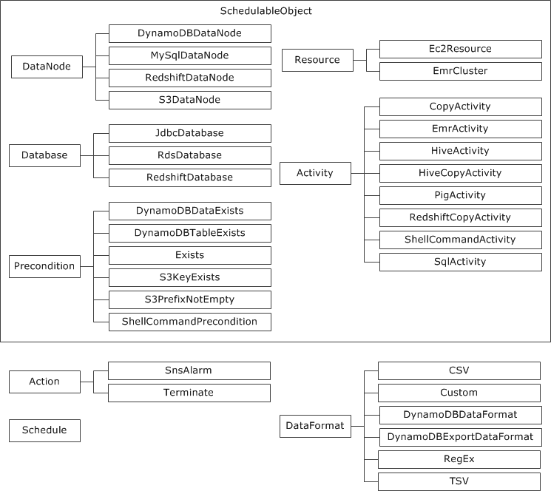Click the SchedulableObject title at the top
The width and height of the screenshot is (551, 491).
point(276,11)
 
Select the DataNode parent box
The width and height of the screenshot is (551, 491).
point(47,67)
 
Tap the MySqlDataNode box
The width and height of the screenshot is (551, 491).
point(189,55)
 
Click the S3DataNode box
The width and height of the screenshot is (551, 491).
point(189,100)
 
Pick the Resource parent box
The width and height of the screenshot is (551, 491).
point(317,60)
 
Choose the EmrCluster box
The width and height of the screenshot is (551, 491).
point(460,72)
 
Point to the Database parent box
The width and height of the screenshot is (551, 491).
point(44,155)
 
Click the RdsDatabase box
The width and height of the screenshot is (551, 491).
point(189,155)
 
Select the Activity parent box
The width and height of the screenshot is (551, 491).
point(315,173)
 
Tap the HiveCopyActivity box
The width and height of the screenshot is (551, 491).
point(460,173)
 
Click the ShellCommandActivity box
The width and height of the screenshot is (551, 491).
point(460,240)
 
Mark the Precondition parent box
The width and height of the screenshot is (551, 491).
point(44,266)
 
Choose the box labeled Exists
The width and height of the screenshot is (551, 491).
point(189,255)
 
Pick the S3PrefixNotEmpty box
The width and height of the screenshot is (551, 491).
point(189,299)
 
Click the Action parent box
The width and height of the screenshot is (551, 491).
point(44,382)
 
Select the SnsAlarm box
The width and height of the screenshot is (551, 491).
point(189,370)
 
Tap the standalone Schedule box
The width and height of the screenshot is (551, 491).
point(44,430)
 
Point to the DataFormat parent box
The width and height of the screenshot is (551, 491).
point(316,426)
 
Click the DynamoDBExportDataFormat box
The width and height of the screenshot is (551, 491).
point(459,437)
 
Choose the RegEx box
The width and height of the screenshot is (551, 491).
point(459,459)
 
